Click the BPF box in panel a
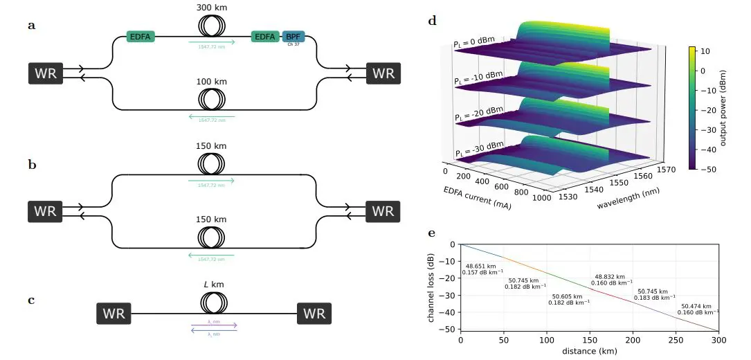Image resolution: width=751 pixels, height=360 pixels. (x=293, y=37)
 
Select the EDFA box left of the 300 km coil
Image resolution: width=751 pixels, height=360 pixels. (x=140, y=37)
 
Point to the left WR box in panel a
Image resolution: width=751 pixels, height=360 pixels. (x=46, y=73)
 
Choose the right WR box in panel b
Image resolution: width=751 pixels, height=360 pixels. (x=383, y=211)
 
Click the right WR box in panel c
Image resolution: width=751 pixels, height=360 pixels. (x=314, y=314)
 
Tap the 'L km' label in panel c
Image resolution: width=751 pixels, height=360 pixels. (x=213, y=285)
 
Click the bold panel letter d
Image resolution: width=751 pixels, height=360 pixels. (x=433, y=21)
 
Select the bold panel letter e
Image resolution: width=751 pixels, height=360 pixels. (x=433, y=233)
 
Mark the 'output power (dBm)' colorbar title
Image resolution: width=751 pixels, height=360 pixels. (x=724, y=108)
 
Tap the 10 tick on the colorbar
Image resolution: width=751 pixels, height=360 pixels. (x=704, y=51)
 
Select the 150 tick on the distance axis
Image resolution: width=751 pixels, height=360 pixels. (x=590, y=339)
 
